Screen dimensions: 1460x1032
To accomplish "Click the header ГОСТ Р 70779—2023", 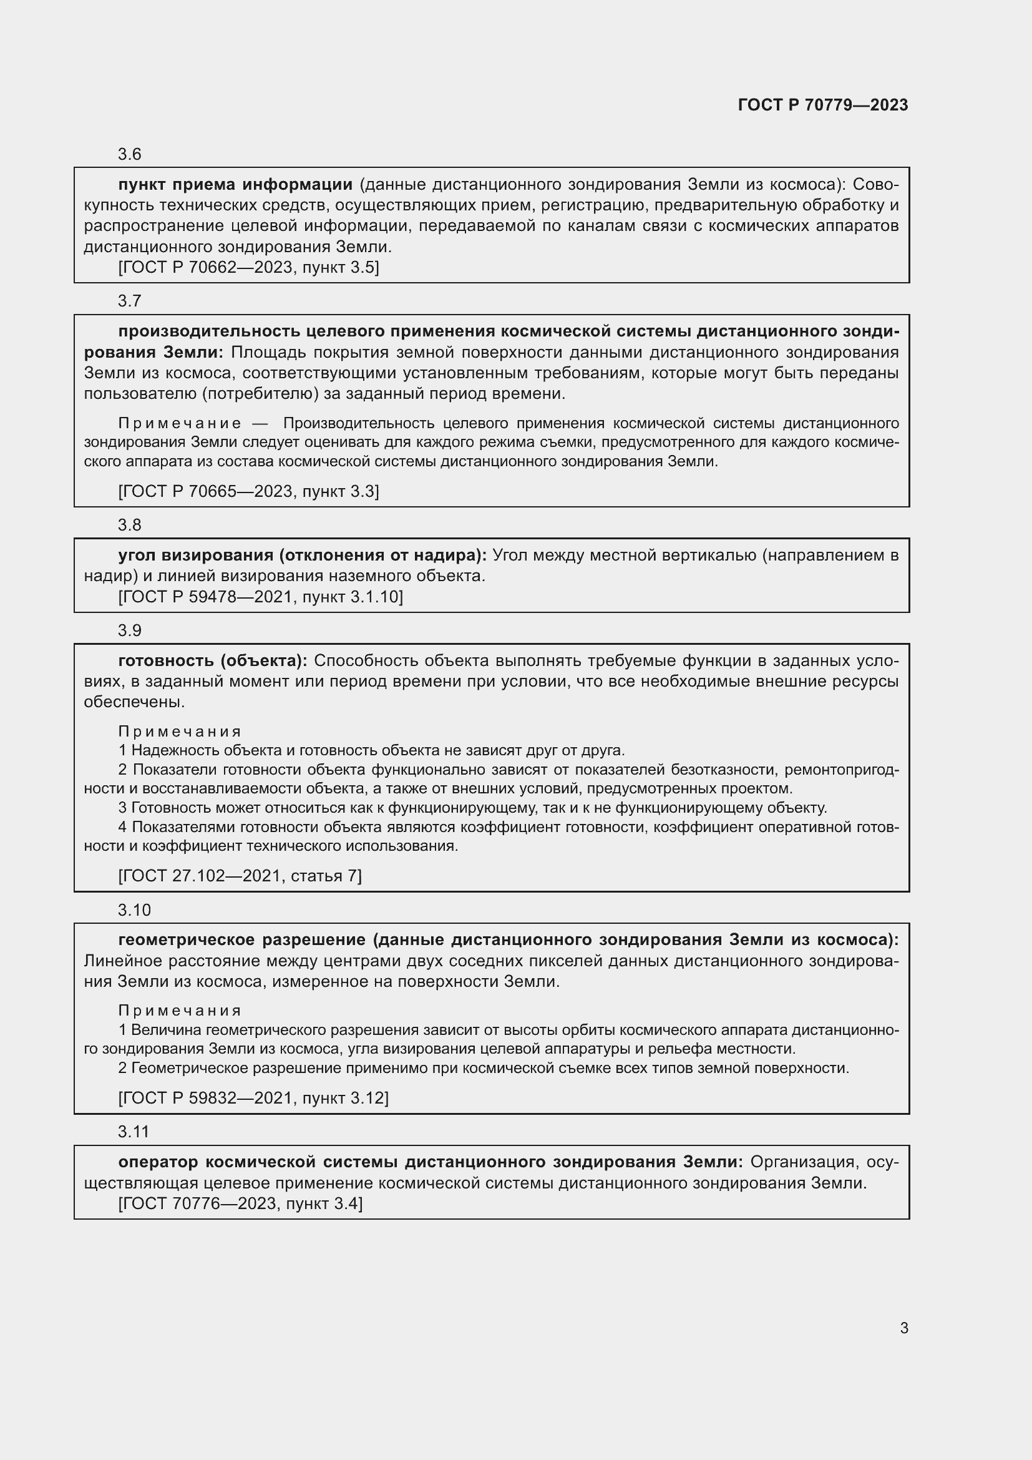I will (x=823, y=105).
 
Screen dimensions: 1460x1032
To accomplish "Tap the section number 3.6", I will (x=130, y=155).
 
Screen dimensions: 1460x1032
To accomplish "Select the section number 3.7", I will (x=130, y=301).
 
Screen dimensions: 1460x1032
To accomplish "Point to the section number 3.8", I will (x=130, y=525).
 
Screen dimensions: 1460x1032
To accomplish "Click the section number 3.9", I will (x=130, y=631).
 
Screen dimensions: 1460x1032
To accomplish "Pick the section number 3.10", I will (x=134, y=911).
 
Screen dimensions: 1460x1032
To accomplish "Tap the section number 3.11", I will (x=134, y=1132).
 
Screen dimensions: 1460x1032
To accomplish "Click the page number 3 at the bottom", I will (x=903, y=1328).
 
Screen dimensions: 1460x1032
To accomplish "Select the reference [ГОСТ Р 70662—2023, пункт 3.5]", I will (x=248, y=268).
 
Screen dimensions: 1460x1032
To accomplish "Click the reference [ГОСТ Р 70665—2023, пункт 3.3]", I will (x=248, y=491).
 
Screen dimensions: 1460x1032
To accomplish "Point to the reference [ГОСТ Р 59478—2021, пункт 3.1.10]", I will (x=261, y=597).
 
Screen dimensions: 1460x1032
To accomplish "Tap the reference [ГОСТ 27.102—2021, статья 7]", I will (x=240, y=876).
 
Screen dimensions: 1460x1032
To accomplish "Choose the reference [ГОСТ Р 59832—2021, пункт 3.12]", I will (x=253, y=1098).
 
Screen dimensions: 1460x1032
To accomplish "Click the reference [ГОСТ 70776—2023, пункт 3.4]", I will (x=240, y=1203).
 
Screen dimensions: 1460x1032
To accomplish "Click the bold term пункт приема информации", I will (x=235, y=185).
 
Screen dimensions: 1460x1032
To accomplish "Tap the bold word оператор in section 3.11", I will (x=158, y=1162).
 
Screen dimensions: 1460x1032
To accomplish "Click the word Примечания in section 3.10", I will (x=180, y=1011).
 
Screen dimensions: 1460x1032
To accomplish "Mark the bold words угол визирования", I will (x=196, y=556).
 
